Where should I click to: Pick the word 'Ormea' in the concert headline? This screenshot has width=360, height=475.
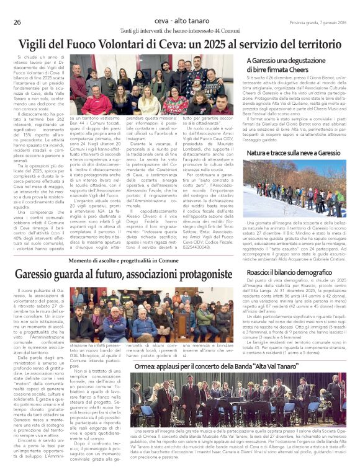[146, 366]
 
